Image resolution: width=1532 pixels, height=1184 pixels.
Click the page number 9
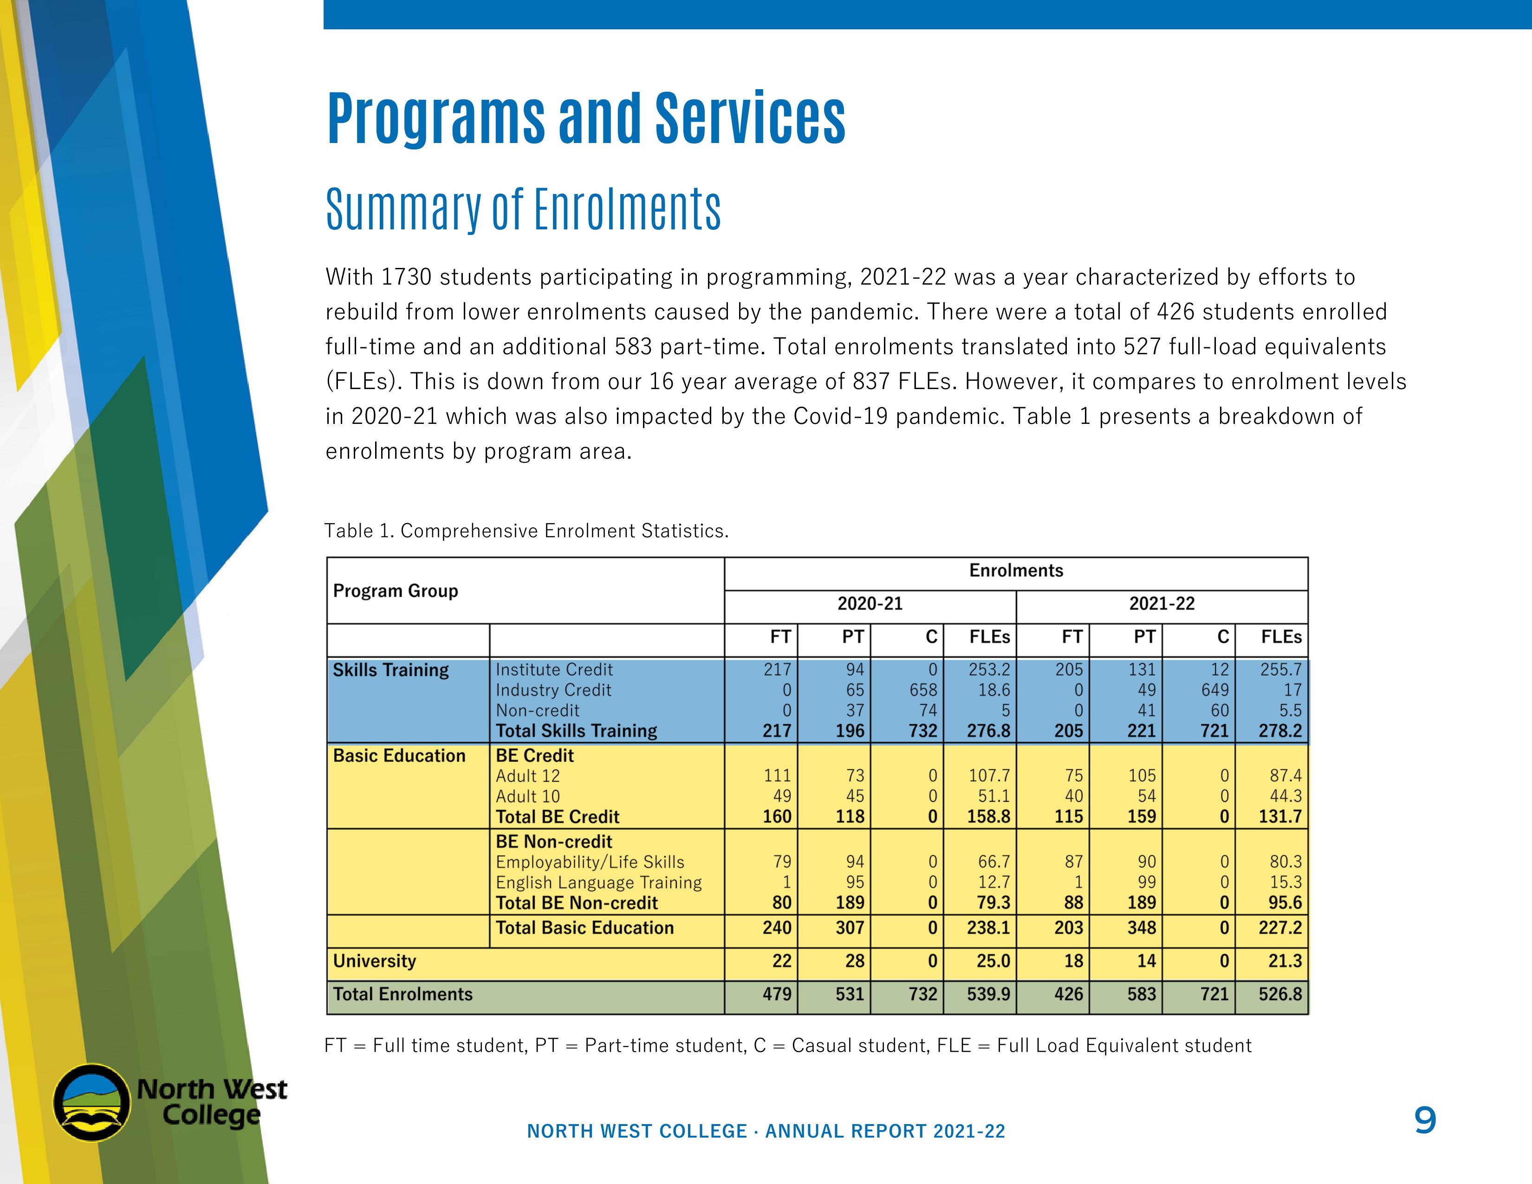coord(1425,1120)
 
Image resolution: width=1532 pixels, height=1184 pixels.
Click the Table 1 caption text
coord(526,531)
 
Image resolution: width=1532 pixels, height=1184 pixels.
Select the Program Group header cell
coord(395,591)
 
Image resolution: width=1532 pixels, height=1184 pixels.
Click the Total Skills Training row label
coord(576,731)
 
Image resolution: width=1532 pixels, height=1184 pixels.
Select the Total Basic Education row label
coord(584,928)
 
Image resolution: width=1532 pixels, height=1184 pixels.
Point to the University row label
coord(375,961)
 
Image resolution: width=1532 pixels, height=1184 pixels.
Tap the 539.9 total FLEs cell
coord(988,994)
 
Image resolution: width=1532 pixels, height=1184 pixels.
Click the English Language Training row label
coord(598,882)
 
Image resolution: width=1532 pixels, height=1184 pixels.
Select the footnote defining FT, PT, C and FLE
coord(787,1046)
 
